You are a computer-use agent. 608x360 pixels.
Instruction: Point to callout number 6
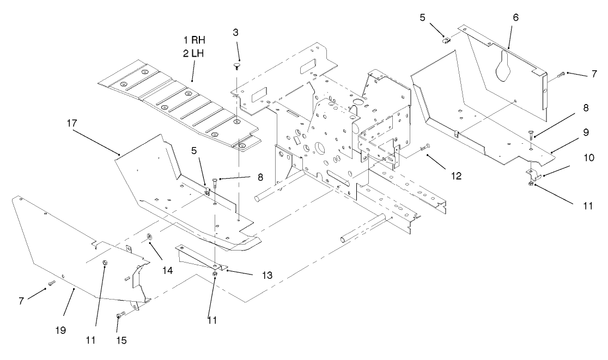point(515,17)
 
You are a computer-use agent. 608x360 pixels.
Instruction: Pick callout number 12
point(455,175)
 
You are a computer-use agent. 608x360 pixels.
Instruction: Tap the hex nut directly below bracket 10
point(531,184)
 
